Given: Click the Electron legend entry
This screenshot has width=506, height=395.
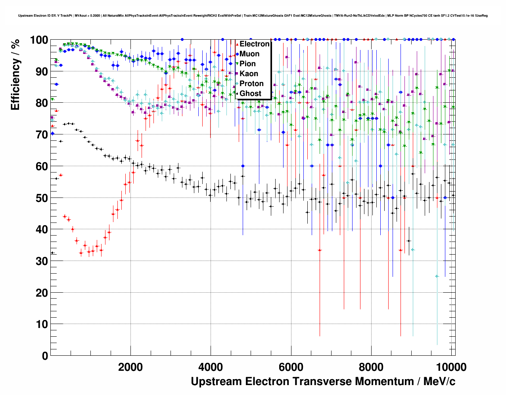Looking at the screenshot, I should pyautogui.click(x=254, y=44).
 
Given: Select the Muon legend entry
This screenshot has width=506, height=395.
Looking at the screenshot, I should pyautogui.click(x=249, y=54).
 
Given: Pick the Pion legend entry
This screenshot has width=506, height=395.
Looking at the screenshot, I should pyautogui.click(x=247, y=64).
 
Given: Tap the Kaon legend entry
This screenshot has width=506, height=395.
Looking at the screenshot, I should pyautogui.click(x=249, y=74).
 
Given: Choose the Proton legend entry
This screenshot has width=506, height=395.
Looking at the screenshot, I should pyautogui.click(x=251, y=84).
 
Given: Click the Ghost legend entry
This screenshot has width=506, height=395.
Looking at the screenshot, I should pyautogui.click(x=250, y=94).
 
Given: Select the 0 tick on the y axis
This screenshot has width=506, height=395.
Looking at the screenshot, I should pyautogui.click(x=45, y=356).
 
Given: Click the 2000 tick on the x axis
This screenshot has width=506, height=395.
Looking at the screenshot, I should pyautogui.click(x=130, y=367).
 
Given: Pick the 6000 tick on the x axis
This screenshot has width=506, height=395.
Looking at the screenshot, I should pyautogui.click(x=291, y=367).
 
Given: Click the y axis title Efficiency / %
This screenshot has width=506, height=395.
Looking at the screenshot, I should pyautogui.click(x=15, y=75).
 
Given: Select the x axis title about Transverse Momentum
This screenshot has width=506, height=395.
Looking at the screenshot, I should pyautogui.click(x=323, y=382).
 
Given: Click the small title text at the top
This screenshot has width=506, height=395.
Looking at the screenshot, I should pyautogui.click(x=253, y=16).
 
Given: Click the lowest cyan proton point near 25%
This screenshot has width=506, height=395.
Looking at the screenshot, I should pyautogui.click(x=437, y=276).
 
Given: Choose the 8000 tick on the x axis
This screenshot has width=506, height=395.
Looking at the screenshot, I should pyautogui.click(x=371, y=367).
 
